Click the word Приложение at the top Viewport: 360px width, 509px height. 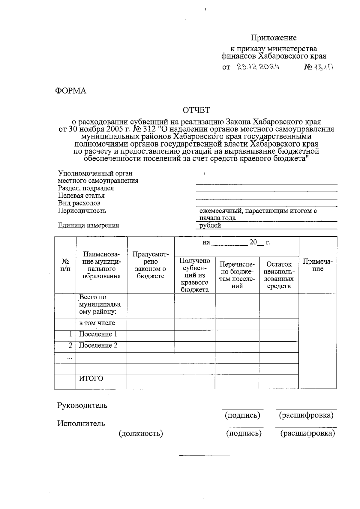274,38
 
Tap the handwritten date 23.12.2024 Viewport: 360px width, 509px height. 258,67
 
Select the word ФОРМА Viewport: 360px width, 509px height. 70,91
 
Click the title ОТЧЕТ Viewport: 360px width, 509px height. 196,110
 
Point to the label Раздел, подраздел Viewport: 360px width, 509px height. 86,188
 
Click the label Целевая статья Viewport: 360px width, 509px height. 81,196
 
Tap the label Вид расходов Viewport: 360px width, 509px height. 79,203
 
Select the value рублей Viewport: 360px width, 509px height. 210,226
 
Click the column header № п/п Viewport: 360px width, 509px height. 65,265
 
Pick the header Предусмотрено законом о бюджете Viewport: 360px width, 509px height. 151,265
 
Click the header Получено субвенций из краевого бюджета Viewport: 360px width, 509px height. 195,275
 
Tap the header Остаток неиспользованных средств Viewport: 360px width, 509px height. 279,275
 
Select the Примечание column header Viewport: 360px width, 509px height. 318,265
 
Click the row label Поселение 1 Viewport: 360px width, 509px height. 98,334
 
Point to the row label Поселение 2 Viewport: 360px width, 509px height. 98,345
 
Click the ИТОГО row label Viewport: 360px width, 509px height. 91,379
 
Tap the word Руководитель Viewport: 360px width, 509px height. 82,405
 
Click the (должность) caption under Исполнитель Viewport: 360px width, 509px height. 141,433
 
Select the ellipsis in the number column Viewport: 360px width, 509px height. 70,358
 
